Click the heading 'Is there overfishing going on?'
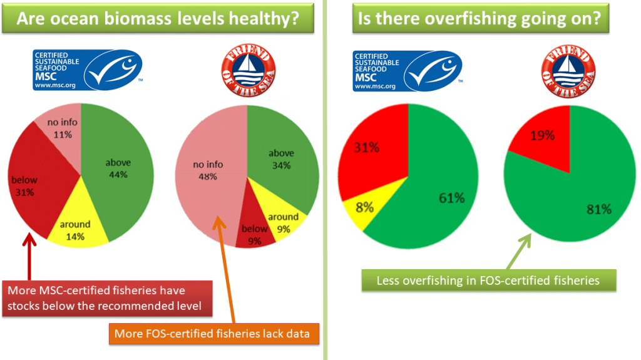[x=479, y=19]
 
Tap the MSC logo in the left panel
[x=88, y=70]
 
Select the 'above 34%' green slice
[x=282, y=160]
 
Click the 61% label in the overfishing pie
[x=451, y=198]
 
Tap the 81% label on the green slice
[x=598, y=209]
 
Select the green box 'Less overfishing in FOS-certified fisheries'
[x=488, y=280]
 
